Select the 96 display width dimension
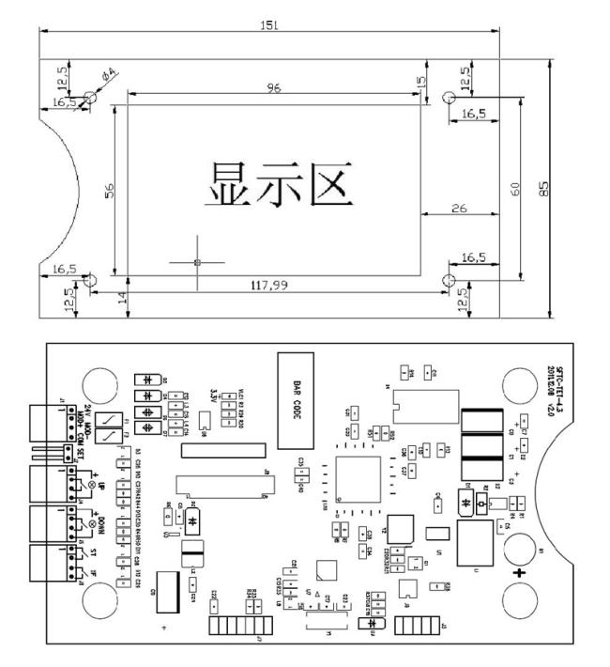[x=274, y=87]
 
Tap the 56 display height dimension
[x=109, y=189]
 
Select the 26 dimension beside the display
[x=459, y=208]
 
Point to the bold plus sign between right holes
[x=519, y=570]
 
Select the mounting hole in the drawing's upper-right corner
[x=449, y=97]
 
